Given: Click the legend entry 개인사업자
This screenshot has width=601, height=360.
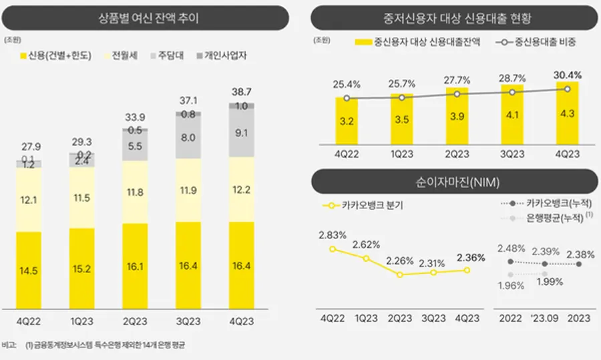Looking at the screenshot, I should coord(224,56).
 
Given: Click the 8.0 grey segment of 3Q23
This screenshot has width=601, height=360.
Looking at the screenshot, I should coord(188,138).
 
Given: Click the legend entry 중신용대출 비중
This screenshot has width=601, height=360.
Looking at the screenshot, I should coord(542,42).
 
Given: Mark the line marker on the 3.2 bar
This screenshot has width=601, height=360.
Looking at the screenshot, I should coord(347,98).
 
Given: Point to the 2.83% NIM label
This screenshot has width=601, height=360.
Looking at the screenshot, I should coord(332,234).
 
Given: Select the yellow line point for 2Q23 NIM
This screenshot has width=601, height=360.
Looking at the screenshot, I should coord(400,275).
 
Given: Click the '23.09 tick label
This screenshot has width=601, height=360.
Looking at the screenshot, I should coord(545,319).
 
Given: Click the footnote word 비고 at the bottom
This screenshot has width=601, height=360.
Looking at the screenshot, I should coord(10,345).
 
